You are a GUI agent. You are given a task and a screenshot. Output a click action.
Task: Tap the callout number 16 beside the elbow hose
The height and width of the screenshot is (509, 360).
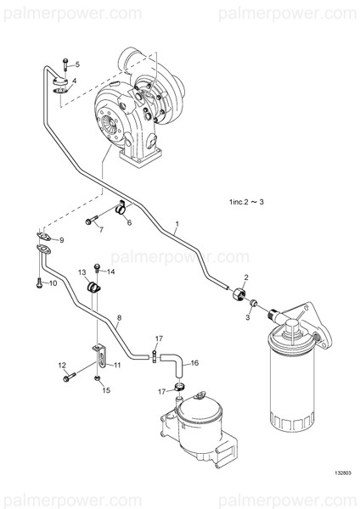point(194,362)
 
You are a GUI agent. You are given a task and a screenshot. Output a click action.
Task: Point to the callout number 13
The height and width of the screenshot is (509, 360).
point(83,272)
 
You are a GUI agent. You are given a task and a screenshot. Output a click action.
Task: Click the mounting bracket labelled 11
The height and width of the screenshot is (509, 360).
point(98,351)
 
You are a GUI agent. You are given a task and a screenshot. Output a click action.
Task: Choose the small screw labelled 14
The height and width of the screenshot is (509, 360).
point(98,269)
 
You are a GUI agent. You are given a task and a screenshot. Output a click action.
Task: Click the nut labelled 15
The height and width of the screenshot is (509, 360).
point(98,378)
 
